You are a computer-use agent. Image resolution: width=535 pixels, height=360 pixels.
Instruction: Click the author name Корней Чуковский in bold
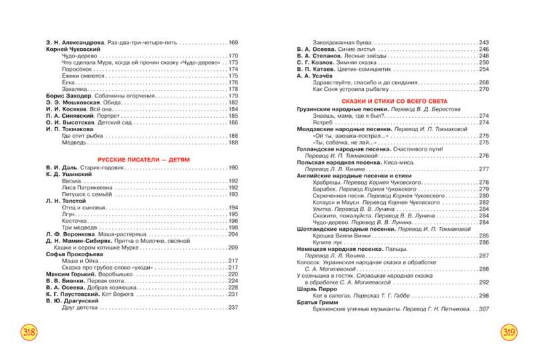pyautogui.click(x=73, y=50)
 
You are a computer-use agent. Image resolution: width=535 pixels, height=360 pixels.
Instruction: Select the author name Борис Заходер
pyautogui.click(x=67, y=96)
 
